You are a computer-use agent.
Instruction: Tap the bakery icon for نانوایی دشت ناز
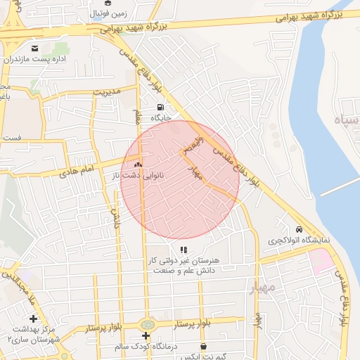pos(139,165)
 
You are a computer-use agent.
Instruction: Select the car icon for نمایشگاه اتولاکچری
pos(299,230)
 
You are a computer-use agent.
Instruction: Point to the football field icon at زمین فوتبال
pos(108,3)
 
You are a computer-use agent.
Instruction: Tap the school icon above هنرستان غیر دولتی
pos(184,250)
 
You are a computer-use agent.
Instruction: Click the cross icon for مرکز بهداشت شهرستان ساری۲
pos(33,319)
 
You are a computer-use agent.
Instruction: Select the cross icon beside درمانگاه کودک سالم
pos(146,336)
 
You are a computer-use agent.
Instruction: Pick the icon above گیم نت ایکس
pos(204,346)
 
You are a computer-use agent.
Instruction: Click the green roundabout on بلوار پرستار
pos(147,324)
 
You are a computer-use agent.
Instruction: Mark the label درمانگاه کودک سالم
pos(148,347)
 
